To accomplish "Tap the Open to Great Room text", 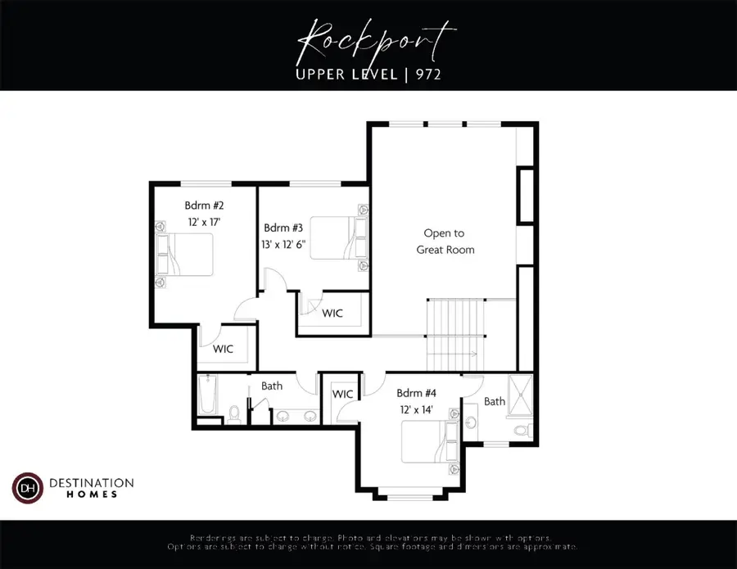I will click(x=445, y=242).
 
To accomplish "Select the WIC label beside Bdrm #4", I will click(x=342, y=395).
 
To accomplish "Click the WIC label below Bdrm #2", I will click(x=224, y=350).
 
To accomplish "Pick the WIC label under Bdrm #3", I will click(x=332, y=314).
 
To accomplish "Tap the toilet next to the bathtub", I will click(x=234, y=414).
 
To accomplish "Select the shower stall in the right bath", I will click(x=519, y=397).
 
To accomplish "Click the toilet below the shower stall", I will click(x=521, y=430).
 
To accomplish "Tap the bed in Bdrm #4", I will click(x=428, y=443).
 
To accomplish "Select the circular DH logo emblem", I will click(x=27, y=488).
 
